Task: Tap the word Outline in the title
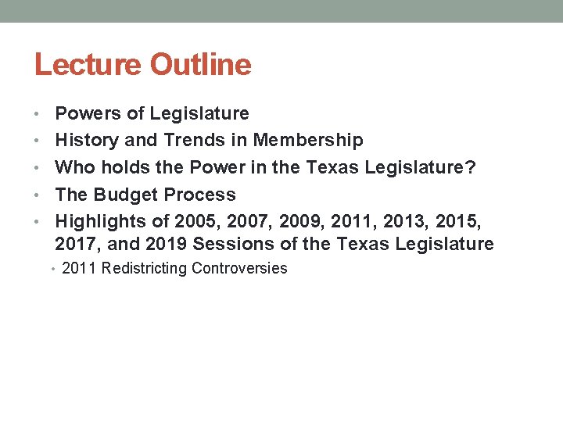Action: [x=201, y=65]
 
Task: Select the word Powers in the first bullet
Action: [x=88, y=113]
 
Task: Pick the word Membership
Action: [x=308, y=141]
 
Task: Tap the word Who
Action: [x=73, y=167]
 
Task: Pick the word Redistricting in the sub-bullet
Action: [x=145, y=269]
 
